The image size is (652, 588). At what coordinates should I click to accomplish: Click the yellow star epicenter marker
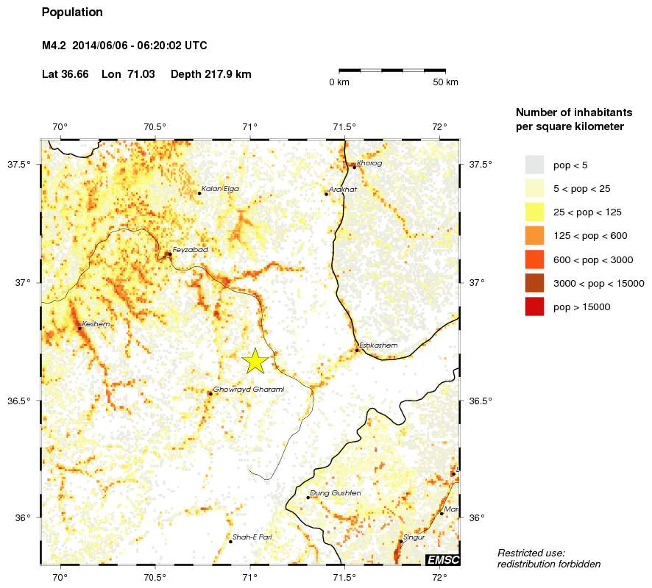(255, 361)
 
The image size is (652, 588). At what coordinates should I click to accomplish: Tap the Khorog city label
(369, 163)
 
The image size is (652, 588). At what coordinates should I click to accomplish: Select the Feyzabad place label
(190, 250)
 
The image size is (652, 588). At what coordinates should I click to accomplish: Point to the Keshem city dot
(79, 328)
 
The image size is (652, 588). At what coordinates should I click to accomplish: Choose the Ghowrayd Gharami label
(248, 389)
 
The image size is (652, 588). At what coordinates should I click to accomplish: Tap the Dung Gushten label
(336, 492)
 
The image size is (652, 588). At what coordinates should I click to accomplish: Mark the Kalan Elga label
(220, 189)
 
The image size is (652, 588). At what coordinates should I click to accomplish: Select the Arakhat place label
(343, 189)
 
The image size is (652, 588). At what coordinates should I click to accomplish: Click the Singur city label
(415, 537)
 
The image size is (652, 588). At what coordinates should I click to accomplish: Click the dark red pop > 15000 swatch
(534, 306)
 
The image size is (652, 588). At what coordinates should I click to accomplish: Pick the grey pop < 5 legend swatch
(534, 164)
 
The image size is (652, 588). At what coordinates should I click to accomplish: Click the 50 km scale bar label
(446, 82)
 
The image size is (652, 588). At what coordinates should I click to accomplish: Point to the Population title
(72, 12)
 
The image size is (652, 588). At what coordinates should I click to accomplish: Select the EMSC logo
(443, 561)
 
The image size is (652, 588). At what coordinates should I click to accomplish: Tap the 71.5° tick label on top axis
(344, 126)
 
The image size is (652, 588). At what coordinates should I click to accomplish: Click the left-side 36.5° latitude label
(18, 401)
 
